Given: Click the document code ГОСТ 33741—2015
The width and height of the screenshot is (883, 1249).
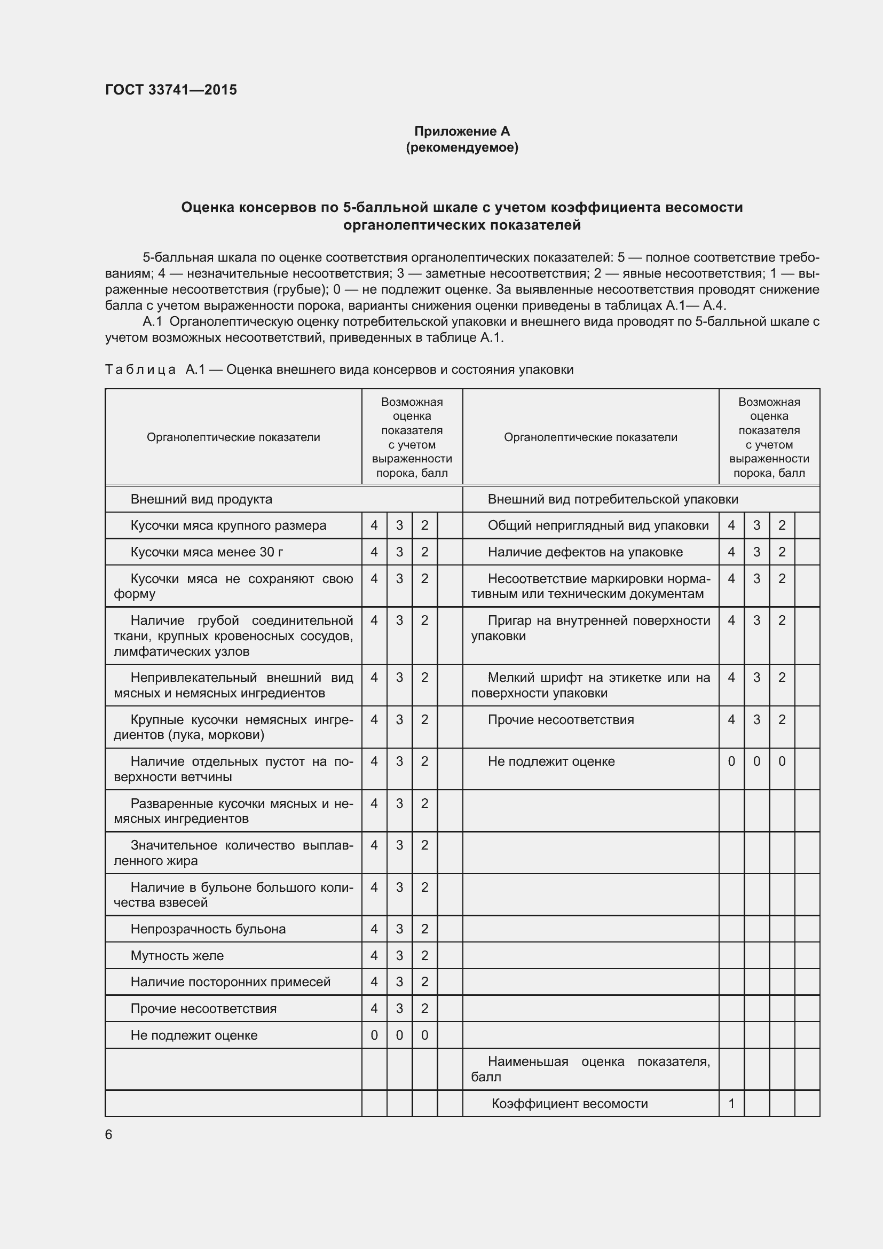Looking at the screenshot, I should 171,90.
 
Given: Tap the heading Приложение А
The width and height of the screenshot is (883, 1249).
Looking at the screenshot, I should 462,131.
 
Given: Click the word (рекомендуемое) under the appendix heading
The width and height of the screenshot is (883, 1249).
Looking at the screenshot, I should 462,147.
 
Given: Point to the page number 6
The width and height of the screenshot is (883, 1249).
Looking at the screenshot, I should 109,1134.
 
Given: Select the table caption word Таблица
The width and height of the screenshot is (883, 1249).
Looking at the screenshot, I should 140,370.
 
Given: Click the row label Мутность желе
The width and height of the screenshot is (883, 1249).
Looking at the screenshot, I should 177,955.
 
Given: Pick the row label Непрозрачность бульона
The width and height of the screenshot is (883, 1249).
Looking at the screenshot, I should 208,929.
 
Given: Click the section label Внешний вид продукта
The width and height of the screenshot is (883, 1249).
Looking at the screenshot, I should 201,499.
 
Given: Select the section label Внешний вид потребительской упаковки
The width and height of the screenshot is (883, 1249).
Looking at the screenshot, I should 613,499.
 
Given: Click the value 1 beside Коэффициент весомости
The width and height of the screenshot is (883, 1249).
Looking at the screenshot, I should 731,1103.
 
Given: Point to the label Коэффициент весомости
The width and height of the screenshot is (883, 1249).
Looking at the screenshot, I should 569,1103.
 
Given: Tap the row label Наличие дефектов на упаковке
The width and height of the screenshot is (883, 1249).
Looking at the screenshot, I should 585,552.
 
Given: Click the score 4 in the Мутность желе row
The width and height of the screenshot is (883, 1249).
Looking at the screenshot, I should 374,955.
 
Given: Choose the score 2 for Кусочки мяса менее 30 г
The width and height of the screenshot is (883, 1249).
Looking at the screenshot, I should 424,552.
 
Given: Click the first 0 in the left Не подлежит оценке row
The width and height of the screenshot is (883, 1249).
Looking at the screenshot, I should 374,1035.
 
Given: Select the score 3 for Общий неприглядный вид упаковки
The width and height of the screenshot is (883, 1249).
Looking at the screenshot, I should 756,525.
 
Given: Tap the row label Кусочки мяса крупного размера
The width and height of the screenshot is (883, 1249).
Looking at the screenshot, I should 228,525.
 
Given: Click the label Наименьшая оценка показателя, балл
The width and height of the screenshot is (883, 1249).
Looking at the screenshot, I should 590,1069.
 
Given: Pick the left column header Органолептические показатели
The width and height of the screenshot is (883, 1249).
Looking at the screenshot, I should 233,437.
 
